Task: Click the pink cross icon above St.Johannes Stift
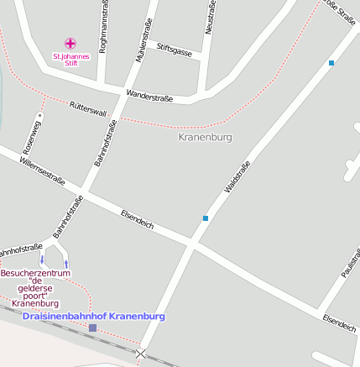[x=70, y=43]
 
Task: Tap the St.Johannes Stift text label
[x=70, y=60]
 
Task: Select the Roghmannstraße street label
[x=103, y=27]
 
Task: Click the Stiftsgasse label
[x=175, y=52]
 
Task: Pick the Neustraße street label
[x=211, y=18]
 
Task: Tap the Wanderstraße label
[x=149, y=96]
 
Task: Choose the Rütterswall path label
[x=88, y=109]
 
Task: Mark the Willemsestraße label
[x=43, y=169]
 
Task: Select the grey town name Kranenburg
[x=206, y=136]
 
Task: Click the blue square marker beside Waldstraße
[x=206, y=218]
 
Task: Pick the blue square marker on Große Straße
[x=331, y=63]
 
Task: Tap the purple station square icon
[x=92, y=328]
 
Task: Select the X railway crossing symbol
[x=140, y=354]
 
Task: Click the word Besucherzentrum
[x=35, y=274]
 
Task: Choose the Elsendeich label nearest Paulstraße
[x=338, y=322]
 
